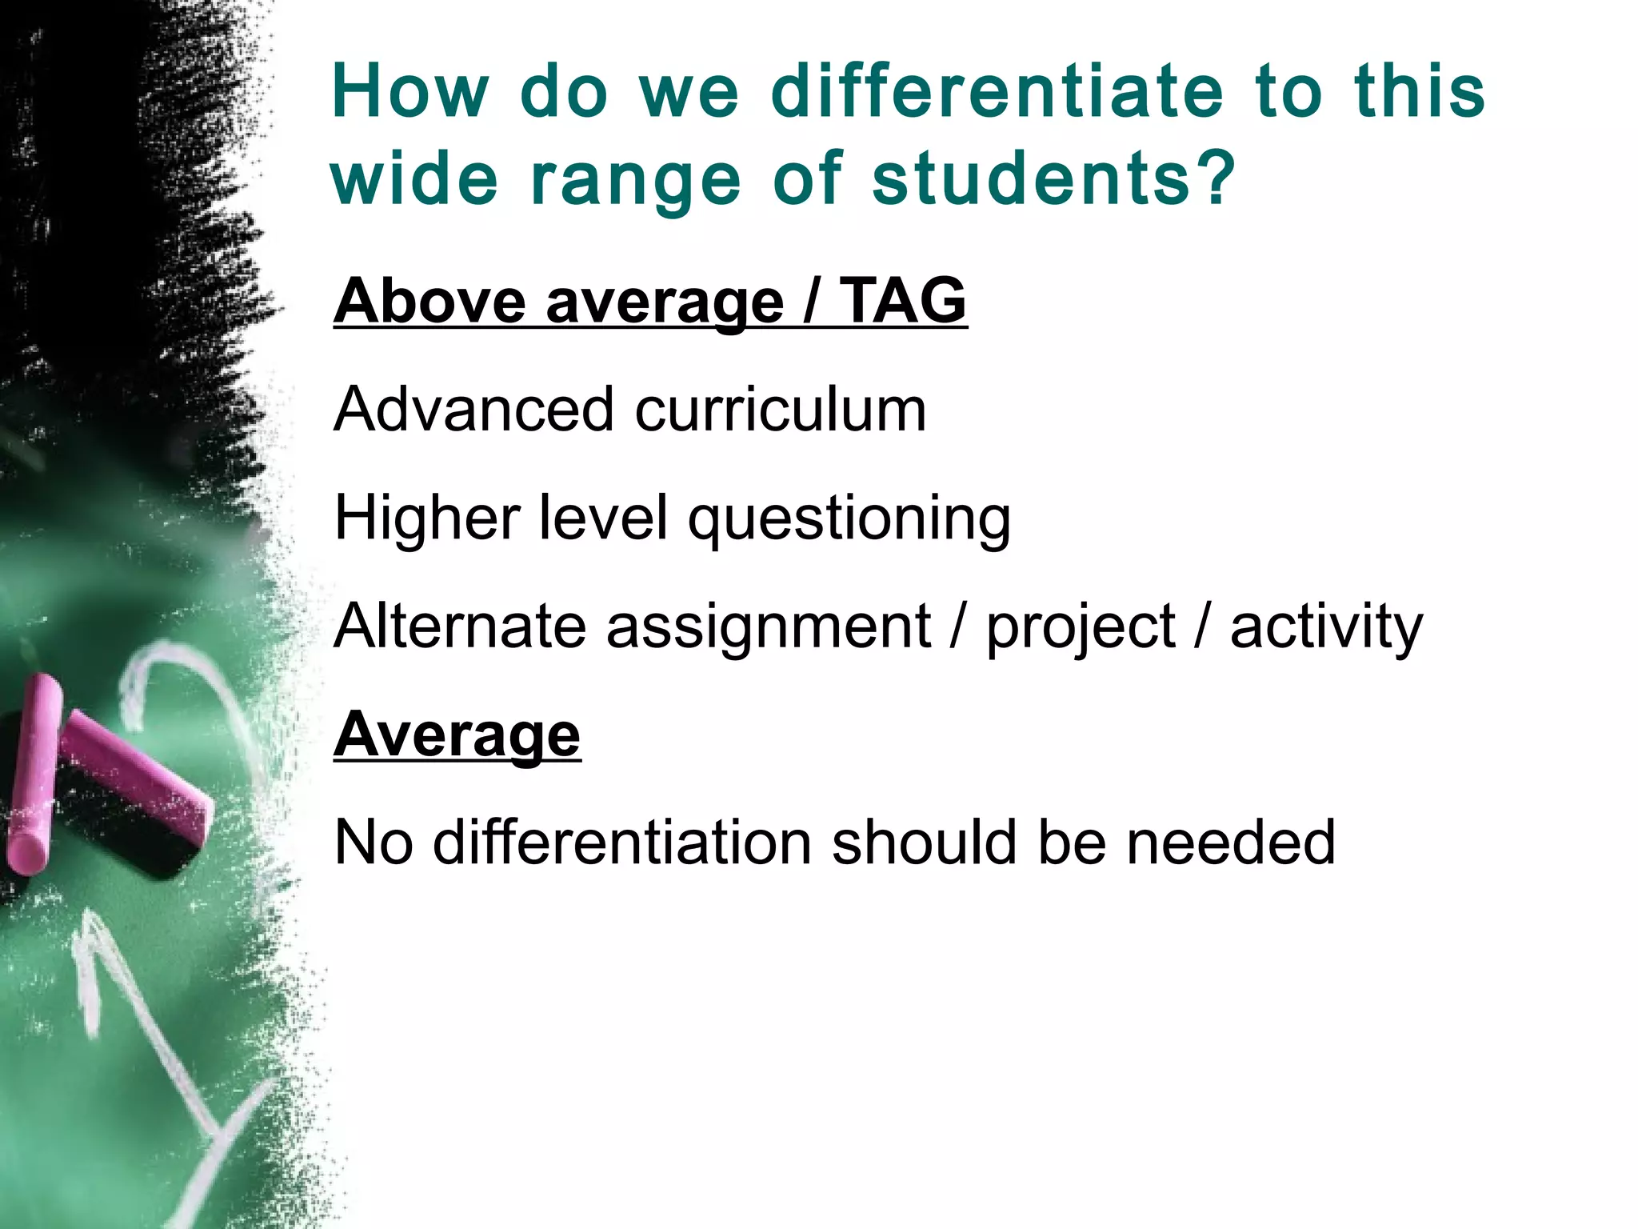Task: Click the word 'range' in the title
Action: point(636,181)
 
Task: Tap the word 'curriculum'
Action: point(781,409)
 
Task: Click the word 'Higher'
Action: point(427,518)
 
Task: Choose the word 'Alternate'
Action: point(460,626)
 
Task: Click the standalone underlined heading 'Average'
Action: point(457,735)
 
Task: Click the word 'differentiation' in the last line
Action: point(622,843)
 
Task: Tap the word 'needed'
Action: point(1231,843)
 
